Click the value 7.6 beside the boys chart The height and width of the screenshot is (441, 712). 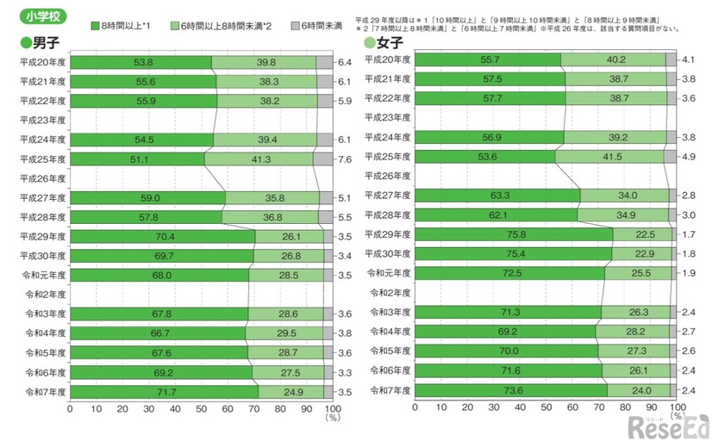coord(342,159)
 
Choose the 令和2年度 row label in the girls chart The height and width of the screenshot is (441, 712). coord(390,292)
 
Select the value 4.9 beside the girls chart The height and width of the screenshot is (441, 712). coord(688,156)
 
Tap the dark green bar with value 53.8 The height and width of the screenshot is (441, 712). coord(140,62)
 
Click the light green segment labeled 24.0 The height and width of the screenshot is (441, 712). coord(640,389)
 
